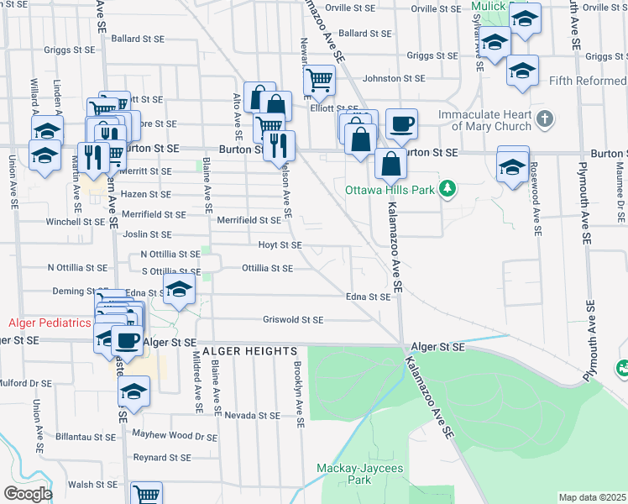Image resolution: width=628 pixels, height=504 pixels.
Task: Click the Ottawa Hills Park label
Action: (x=391, y=190)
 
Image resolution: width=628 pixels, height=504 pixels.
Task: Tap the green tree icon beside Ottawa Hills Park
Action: (x=449, y=188)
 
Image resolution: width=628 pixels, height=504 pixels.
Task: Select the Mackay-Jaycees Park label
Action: (x=343, y=474)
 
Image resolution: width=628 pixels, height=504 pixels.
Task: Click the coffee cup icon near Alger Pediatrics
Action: (x=127, y=340)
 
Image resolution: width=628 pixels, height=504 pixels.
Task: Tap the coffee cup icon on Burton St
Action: (x=401, y=123)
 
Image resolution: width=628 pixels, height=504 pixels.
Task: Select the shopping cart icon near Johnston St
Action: (x=319, y=80)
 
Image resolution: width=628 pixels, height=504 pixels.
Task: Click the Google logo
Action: (x=28, y=494)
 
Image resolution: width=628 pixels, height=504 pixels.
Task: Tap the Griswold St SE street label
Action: (x=293, y=320)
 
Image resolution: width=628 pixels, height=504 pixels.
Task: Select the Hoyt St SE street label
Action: (x=280, y=246)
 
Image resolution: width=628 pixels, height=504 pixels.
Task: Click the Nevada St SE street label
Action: (x=252, y=416)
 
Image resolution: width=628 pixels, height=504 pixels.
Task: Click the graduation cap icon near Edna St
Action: (x=178, y=290)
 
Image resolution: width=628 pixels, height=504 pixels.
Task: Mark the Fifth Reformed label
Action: (x=588, y=81)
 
